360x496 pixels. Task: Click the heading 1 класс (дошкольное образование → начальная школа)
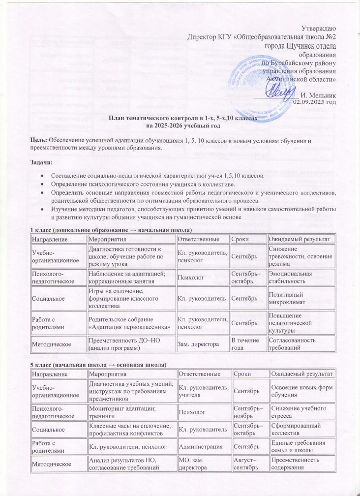111,230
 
